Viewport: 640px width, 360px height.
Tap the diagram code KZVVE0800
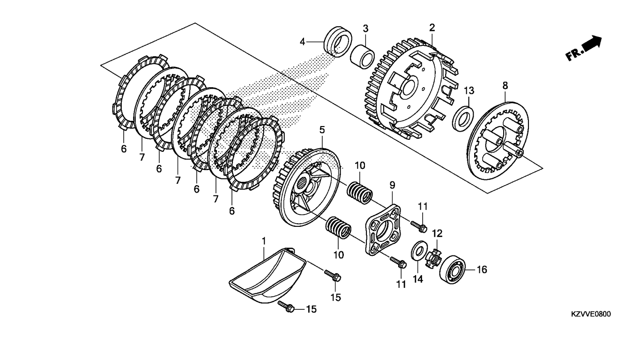tap(591, 314)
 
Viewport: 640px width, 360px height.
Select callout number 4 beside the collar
tap(302, 42)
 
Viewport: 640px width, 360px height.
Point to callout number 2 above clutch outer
tap(432, 28)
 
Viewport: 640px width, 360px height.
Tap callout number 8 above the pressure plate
tap(505, 85)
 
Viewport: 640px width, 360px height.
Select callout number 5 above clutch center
tap(322, 130)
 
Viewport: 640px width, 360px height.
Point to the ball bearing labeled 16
tap(452, 270)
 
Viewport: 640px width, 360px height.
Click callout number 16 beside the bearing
tap(482, 270)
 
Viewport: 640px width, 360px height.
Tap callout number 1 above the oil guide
tap(264, 241)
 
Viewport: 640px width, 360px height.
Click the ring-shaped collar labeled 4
tap(338, 42)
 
